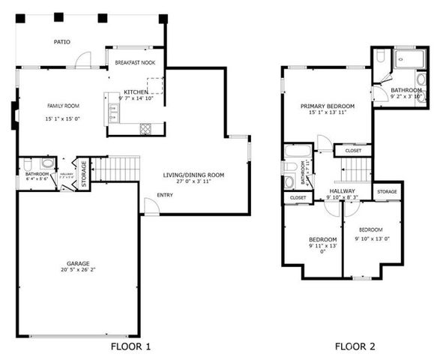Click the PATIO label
pos(62,42)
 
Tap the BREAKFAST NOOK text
pos(135,62)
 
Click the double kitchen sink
pos(113,113)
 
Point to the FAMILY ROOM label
pos(63,106)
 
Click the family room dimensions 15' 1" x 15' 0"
pos(63,118)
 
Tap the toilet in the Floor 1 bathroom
pos(48,163)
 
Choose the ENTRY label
pos(164,196)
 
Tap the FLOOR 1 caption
pos(130,346)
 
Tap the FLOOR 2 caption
pos(355,346)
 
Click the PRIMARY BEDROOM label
pos(328,106)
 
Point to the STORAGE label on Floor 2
pos(387,192)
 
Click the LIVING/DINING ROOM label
pos(194,175)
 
